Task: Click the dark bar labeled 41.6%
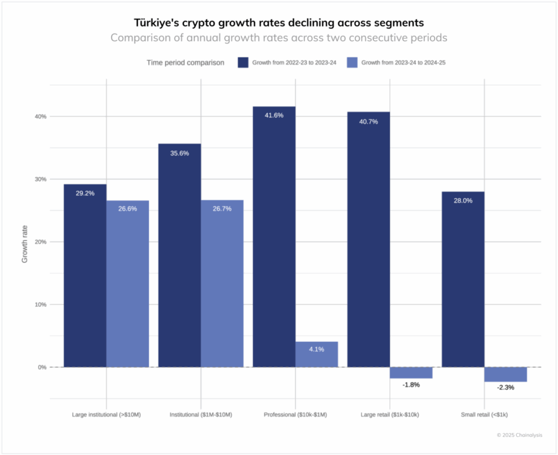pyautogui.click(x=274, y=237)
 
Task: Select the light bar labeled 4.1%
pyautogui.click(x=317, y=354)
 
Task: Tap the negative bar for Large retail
pyautogui.click(x=411, y=372)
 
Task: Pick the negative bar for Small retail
pyautogui.click(x=506, y=374)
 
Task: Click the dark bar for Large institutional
pyautogui.click(x=85, y=275)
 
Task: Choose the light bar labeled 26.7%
pyautogui.click(x=222, y=283)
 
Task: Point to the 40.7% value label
pyautogui.click(x=368, y=121)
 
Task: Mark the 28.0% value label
pyautogui.click(x=463, y=200)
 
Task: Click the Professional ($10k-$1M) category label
pyautogui.click(x=295, y=415)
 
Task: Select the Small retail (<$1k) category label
pyautogui.click(x=484, y=415)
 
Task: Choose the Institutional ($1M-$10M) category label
pyautogui.click(x=201, y=415)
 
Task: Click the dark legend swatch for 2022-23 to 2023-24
pyautogui.click(x=243, y=63)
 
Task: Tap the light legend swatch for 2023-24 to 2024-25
pyautogui.click(x=353, y=63)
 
